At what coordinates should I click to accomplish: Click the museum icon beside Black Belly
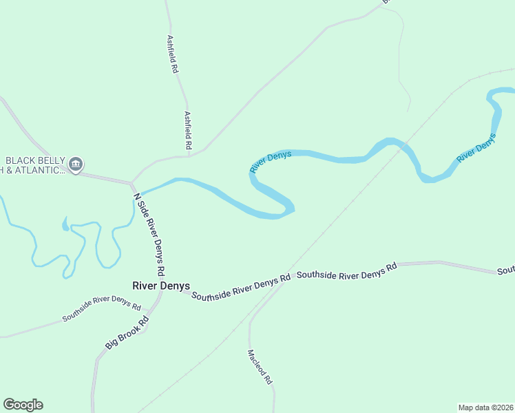pos(76,164)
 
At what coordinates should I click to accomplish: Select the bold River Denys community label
pos(161,286)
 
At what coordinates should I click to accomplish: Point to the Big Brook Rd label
pos(127,332)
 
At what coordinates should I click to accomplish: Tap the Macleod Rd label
pos(260,366)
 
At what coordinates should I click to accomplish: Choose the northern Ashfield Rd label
pos(173,55)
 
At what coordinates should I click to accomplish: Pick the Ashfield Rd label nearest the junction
pos(187,131)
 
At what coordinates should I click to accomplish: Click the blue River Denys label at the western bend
pos(271,161)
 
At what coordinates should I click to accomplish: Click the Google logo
pos(23,405)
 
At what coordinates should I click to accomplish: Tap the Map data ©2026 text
pos(485,407)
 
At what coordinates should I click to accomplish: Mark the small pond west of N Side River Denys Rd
pos(65,224)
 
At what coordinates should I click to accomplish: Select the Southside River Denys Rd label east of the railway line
pos(347,271)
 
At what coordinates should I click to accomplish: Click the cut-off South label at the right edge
pos(506,270)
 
